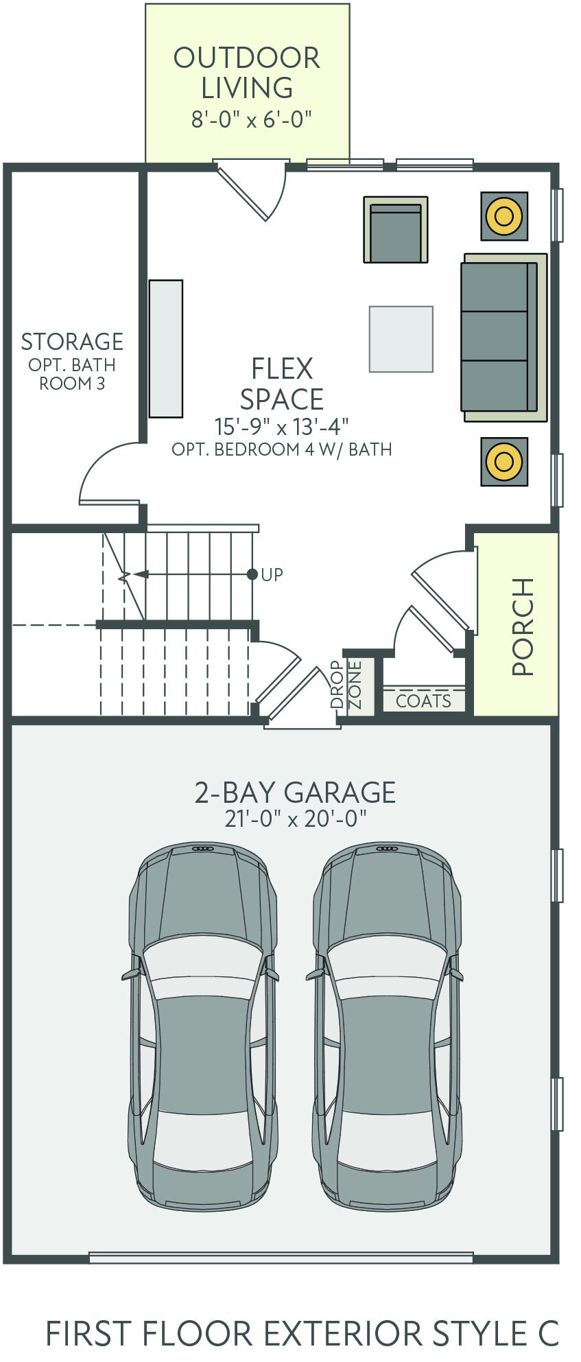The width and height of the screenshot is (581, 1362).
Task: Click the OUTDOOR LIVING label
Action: pyautogui.click(x=247, y=73)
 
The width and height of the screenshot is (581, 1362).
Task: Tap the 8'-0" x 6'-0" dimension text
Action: pyautogui.click(x=251, y=119)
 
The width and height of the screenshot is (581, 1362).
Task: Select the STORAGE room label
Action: pyautogui.click(x=72, y=342)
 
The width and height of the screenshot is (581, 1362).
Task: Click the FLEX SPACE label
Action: pyautogui.click(x=282, y=384)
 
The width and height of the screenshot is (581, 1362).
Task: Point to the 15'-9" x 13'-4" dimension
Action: pyautogui.click(x=281, y=427)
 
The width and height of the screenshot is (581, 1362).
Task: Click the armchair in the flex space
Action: pyautogui.click(x=396, y=230)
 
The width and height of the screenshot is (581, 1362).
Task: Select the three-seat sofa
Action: pyautogui.click(x=504, y=337)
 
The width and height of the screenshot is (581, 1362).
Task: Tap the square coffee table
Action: pyautogui.click(x=401, y=339)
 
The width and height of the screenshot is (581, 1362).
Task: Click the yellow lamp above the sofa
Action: pyautogui.click(x=504, y=216)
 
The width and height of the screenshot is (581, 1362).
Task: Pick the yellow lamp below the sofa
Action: pyautogui.click(x=504, y=461)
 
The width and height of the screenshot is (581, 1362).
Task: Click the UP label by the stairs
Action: pyautogui.click(x=272, y=574)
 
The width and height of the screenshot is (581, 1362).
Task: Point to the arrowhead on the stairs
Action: pyautogui.click(x=140, y=574)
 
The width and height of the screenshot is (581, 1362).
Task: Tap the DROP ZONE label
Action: pyautogui.click(x=346, y=685)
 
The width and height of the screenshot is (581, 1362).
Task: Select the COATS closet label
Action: pyautogui.click(x=424, y=701)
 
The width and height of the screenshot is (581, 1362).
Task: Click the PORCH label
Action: pyautogui.click(x=523, y=626)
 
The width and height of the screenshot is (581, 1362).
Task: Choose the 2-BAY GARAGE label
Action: pyautogui.click(x=295, y=792)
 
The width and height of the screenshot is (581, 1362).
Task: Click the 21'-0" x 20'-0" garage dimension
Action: pyautogui.click(x=296, y=819)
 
